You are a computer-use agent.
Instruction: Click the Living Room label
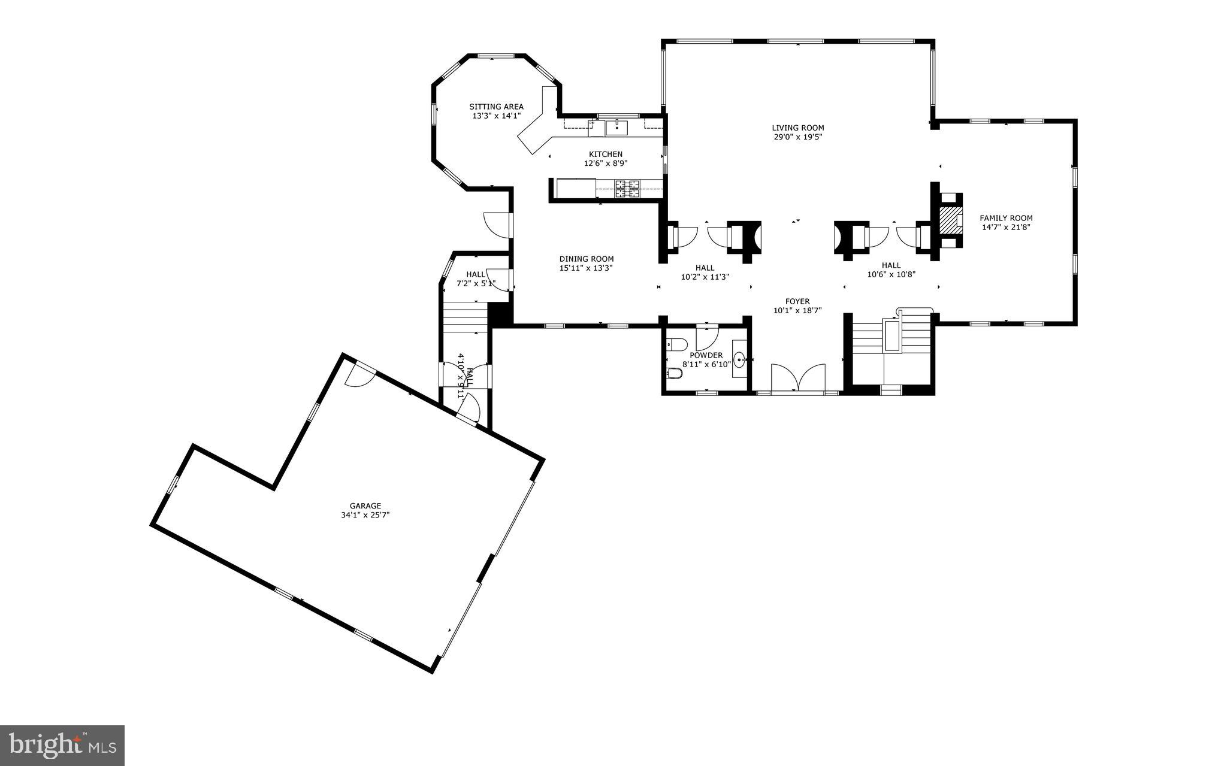pyautogui.click(x=797, y=128)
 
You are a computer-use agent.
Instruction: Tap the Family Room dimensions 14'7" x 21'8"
pyautogui.click(x=1006, y=228)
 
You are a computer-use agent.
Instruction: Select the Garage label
pyautogui.click(x=365, y=506)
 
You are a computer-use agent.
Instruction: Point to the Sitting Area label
pyautogui.click(x=496, y=107)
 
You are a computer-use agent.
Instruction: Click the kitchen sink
pyautogui.click(x=616, y=128)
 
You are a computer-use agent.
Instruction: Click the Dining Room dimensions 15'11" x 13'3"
pyautogui.click(x=586, y=268)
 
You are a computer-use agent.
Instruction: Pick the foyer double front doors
pyautogui.click(x=798, y=379)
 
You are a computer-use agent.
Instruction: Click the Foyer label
pyautogui.click(x=797, y=301)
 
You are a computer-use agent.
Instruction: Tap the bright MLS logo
pyautogui.click(x=62, y=745)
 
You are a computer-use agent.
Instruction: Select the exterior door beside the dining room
pyautogui.click(x=496, y=224)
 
